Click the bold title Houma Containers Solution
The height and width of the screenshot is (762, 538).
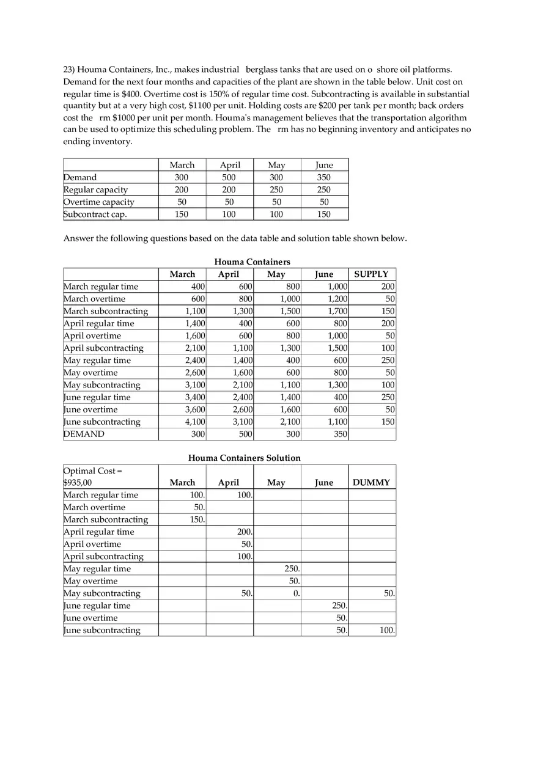tap(244, 458)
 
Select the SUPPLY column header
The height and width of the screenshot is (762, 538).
tap(371, 274)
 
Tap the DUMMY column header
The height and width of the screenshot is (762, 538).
tap(371, 483)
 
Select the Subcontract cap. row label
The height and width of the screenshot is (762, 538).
tap(95, 214)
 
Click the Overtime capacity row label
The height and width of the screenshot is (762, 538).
tap(99, 202)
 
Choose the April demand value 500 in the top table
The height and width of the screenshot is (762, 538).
tap(229, 177)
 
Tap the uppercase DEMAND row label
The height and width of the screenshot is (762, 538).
tap(84, 434)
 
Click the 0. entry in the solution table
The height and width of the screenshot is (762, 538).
tap(295, 593)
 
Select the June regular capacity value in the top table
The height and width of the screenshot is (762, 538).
tap(324, 189)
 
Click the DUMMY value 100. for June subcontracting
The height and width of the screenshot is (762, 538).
tap(386, 630)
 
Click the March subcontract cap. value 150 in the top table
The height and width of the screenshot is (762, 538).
tap(182, 214)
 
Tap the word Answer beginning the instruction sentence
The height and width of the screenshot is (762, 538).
tap(79, 238)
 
